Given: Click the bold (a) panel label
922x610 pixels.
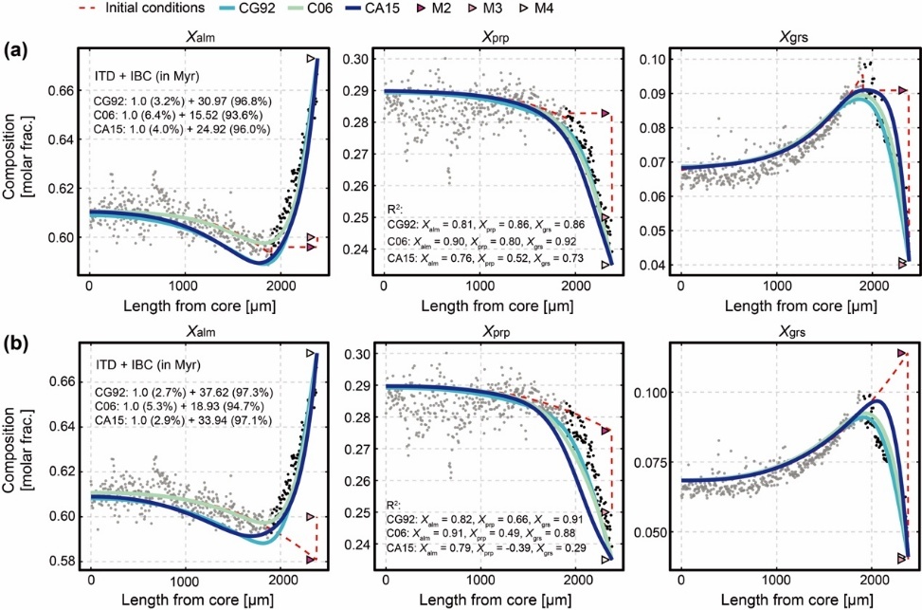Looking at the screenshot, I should (15, 47).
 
